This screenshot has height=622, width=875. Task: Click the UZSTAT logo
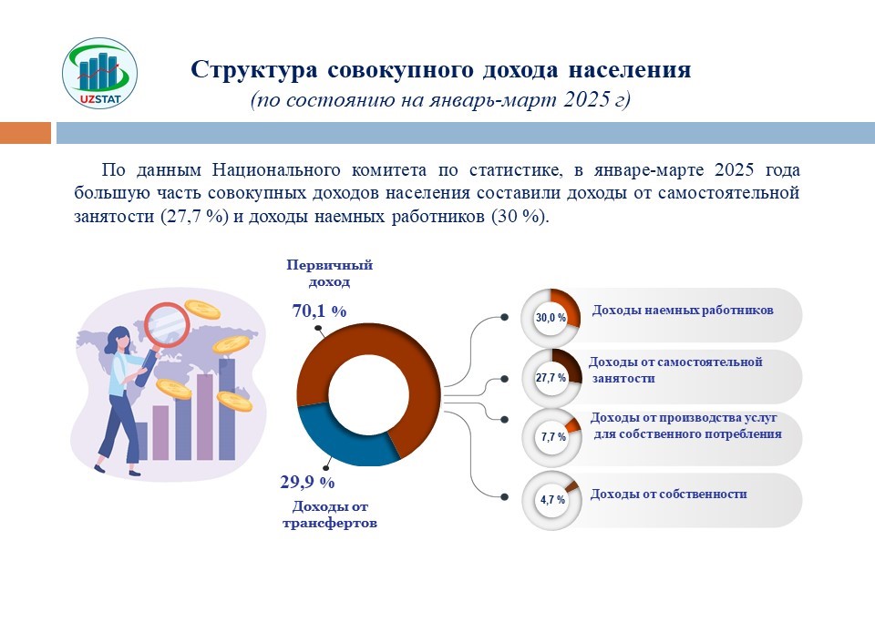(x=100, y=73)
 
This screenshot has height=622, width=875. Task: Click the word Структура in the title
(x=254, y=70)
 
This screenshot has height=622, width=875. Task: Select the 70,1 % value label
(x=319, y=311)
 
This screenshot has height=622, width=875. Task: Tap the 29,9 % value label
(x=307, y=482)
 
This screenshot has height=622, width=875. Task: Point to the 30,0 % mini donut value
(x=551, y=318)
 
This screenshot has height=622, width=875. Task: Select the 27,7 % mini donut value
(x=551, y=378)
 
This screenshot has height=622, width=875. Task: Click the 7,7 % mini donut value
(x=553, y=437)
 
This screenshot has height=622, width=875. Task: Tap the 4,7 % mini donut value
(x=552, y=500)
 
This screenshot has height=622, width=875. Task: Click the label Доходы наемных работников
(x=683, y=311)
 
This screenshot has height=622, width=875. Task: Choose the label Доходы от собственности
(x=668, y=495)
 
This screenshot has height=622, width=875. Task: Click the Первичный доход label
(x=330, y=273)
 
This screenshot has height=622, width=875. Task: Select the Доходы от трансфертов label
(x=330, y=515)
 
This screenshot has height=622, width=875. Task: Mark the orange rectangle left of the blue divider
(x=26, y=133)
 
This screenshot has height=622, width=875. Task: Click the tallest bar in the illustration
(x=227, y=410)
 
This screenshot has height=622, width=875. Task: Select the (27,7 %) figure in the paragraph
(x=195, y=216)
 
